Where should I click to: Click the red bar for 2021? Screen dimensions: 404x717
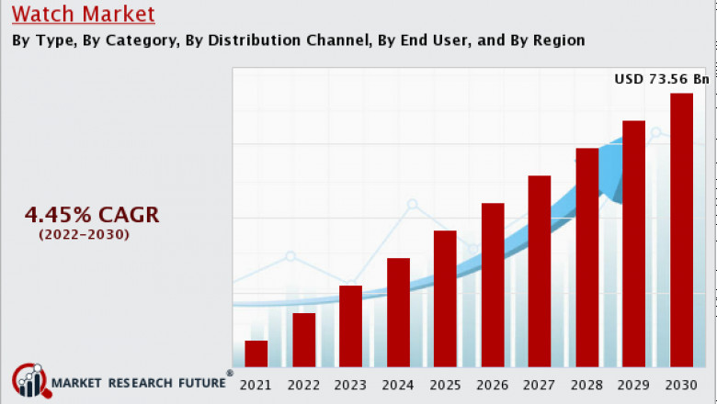tap(256, 354)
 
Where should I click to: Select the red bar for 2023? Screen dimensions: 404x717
tap(350, 327)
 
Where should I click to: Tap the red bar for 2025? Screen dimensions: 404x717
tap(445, 299)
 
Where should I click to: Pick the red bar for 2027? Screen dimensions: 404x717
tap(540, 272)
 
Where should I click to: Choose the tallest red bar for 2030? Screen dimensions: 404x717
tap(681, 230)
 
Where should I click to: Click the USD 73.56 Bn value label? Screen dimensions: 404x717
tap(662, 80)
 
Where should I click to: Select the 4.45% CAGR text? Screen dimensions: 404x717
tap(92, 215)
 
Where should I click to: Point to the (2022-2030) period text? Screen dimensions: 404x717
tap(84, 235)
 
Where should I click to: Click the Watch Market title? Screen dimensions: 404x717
tap(84, 15)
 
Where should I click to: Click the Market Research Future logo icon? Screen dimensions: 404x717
tap(29, 380)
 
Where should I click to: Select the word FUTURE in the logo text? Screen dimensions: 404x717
tap(196, 382)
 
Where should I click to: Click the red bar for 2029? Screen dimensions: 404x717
tap(634, 244)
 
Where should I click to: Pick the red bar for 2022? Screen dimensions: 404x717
tap(303, 341)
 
